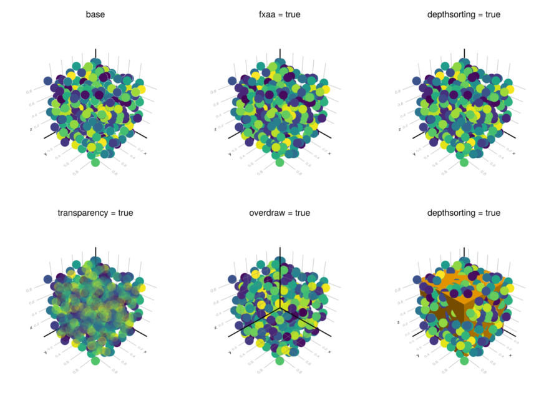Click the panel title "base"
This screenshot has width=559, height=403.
95,14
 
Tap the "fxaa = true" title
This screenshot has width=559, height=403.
279,14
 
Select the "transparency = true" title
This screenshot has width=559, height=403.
95,213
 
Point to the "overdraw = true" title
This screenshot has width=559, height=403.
279,213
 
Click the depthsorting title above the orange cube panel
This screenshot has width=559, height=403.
464,213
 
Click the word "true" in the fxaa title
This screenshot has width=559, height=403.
291,14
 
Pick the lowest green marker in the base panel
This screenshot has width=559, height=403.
95,163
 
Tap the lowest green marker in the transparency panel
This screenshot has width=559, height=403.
95,362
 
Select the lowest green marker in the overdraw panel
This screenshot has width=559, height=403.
279,362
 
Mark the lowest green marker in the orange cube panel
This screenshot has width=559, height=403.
464,362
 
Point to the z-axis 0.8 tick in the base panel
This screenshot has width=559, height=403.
29,92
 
